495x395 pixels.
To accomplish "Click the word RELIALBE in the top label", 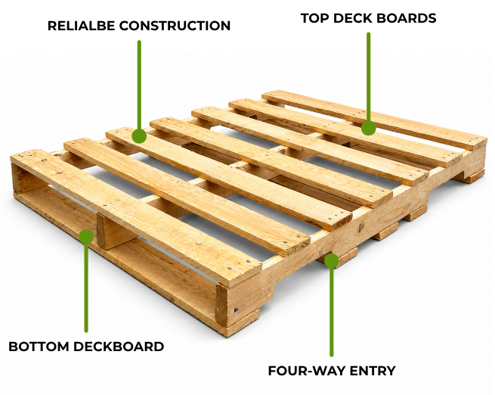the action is (x=82, y=26).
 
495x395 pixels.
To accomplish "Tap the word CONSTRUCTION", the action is (x=175, y=26).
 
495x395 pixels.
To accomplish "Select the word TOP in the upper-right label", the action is (x=314, y=18).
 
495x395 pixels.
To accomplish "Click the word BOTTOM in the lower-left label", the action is (x=39, y=347).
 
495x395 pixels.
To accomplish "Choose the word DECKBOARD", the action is (x=119, y=347).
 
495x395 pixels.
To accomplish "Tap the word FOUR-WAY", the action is (x=303, y=371).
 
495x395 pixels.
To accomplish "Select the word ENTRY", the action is (x=369, y=371).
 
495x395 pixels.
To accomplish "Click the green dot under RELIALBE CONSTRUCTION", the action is (x=139, y=136).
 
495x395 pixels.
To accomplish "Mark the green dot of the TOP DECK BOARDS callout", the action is (x=368, y=128).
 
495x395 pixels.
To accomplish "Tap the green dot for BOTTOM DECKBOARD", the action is (x=86, y=237).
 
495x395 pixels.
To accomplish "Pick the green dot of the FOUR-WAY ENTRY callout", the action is (x=332, y=261).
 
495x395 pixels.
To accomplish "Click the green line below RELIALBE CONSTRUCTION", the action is (x=139, y=86).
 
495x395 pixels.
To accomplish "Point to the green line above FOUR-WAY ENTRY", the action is (x=332, y=312).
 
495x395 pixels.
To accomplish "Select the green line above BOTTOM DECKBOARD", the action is (x=86, y=288).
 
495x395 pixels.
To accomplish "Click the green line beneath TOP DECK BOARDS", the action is (x=368, y=77).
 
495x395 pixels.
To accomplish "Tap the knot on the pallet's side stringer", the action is (x=360, y=226).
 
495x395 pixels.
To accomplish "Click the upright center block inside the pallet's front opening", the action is (x=113, y=232).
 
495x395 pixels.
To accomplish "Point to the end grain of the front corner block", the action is (x=221, y=306).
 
